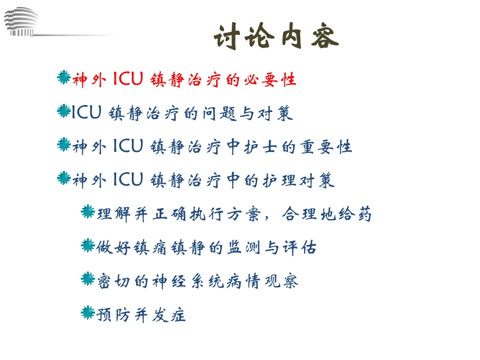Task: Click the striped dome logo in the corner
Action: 21,22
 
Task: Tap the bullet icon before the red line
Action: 64,78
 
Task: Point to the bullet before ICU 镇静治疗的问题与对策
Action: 64,111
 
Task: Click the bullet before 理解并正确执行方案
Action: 88,212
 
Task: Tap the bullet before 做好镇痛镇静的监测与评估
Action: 88,246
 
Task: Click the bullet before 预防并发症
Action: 88,313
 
